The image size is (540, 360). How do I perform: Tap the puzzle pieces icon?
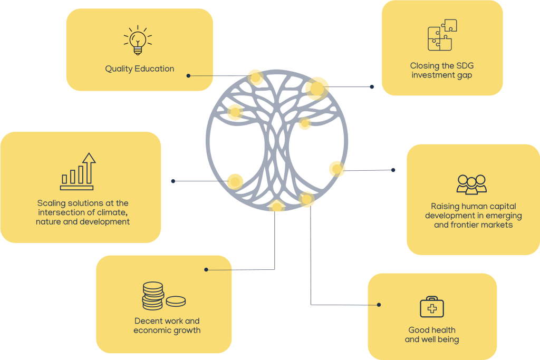click(442, 35)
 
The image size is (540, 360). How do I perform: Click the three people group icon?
click(471, 184)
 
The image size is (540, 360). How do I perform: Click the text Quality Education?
click(139, 69)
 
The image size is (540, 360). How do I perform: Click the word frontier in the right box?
click(468, 225)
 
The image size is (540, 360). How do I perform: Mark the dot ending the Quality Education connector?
click(188, 76)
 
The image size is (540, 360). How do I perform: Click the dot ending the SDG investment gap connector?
click(372, 86)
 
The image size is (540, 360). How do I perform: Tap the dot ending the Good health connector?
click(379, 304)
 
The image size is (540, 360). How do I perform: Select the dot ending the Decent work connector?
click(206, 269)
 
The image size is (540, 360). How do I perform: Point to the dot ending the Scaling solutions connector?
click(173, 181)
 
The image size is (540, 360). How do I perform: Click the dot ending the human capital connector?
click(393, 170)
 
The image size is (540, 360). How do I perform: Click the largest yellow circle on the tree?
click(317, 87)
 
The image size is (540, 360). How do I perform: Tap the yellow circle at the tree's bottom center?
click(276, 205)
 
